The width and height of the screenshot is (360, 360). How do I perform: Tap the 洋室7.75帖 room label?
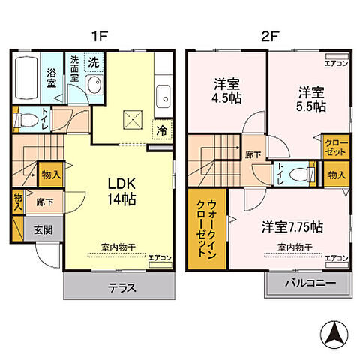click(x=292, y=226)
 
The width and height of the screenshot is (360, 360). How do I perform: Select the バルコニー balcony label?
click(x=309, y=283)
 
